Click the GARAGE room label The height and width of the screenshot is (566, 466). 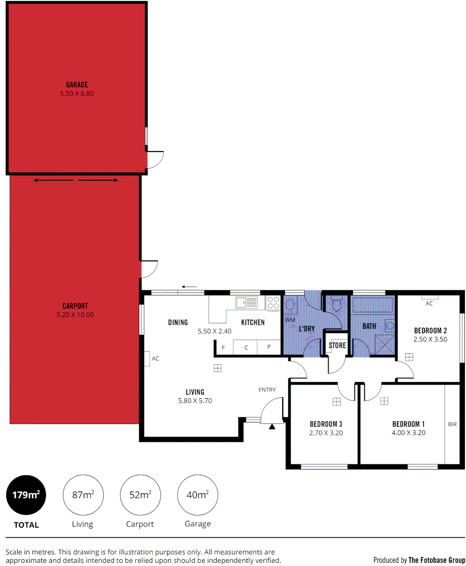tap(76, 84)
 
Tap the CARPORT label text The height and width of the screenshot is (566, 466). tap(75, 306)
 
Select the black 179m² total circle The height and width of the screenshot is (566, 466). tap(26, 494)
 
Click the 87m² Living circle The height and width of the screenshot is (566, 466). tap(83, 494)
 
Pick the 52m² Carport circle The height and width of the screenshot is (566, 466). tap(140, 494)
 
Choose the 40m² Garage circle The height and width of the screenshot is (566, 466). tap(198, 494)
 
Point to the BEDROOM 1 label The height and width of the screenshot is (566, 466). tap(408, 424)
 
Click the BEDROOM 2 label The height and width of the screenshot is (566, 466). tap(430, 331)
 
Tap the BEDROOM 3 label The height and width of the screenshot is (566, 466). tap(326, 424)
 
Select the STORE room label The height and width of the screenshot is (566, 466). tap(337, 345)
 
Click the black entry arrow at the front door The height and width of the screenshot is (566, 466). tap(272, 427)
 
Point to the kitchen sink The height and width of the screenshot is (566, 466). tap(247, 302)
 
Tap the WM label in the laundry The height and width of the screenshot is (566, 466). tap(290, 319)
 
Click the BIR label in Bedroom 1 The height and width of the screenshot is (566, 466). tap(452, 424)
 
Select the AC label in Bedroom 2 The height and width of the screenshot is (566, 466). tap(429, 303)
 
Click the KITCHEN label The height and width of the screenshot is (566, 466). tap(253, 322)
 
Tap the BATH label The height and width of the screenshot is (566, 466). tap(369, 326)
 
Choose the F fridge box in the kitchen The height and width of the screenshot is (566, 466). tap(224, 347)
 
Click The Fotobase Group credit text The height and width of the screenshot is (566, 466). tap(437, 560)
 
